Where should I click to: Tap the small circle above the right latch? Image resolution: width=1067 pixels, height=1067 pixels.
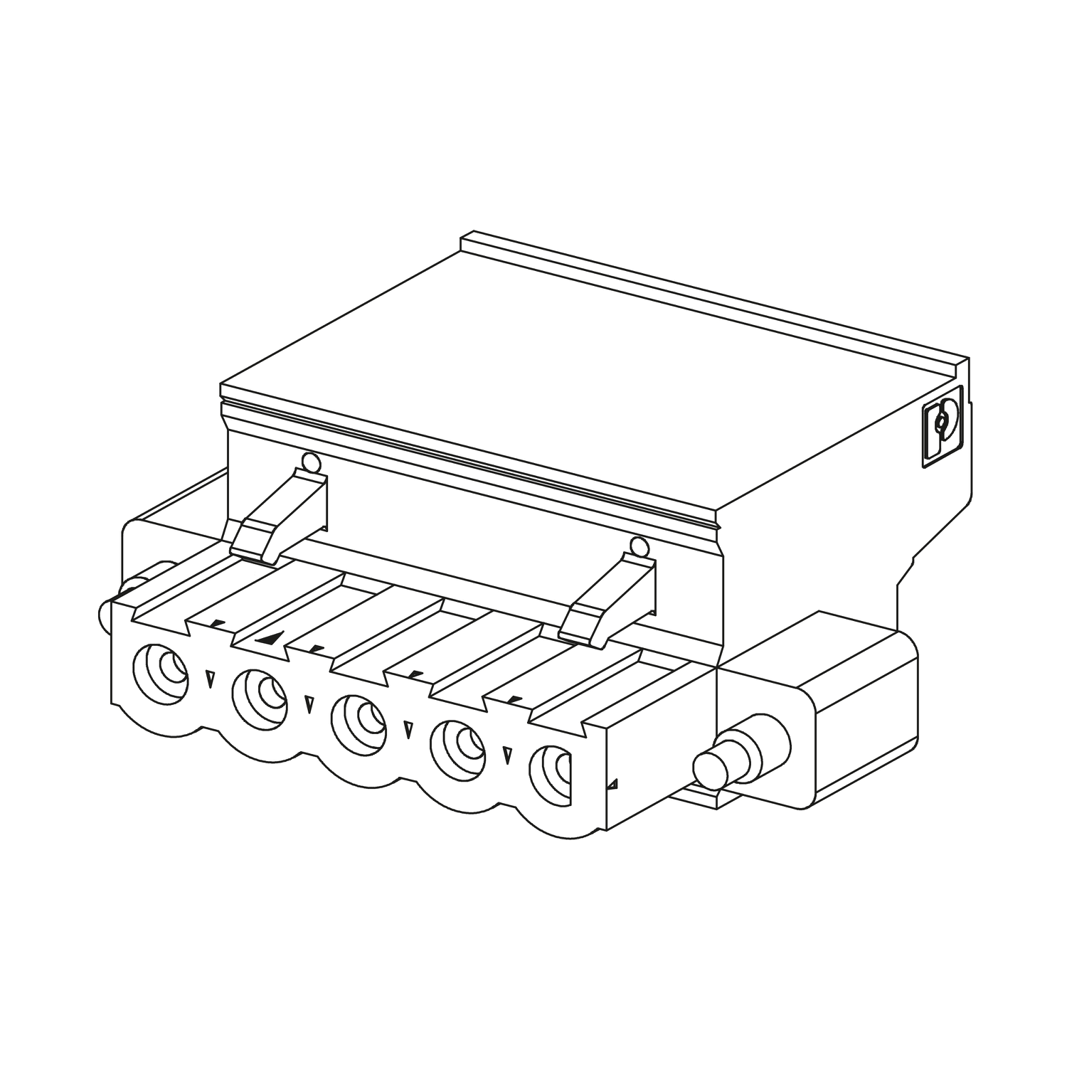point(639,547)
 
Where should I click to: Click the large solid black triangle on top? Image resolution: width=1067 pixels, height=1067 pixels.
point(272,638)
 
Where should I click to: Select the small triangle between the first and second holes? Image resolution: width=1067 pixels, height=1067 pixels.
point(209,679)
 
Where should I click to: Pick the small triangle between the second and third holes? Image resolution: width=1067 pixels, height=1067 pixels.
point(309,704)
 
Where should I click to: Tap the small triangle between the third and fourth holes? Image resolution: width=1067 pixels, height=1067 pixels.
point(408,730)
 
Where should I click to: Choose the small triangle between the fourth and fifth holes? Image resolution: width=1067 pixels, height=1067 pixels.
point(506,755)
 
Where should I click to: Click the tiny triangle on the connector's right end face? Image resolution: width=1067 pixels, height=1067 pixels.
point(612,785)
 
